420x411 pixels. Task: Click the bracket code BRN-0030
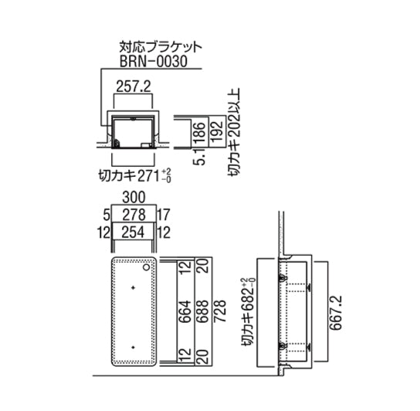153,61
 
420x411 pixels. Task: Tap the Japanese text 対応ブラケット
160,47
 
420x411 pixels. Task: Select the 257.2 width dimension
134,87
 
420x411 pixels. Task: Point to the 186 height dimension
201,132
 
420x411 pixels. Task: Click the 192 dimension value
217,131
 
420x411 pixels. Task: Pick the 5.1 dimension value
201,157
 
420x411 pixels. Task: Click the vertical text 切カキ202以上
234,131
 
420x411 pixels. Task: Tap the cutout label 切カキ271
130,176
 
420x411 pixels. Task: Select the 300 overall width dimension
134,198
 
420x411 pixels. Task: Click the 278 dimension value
134,215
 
